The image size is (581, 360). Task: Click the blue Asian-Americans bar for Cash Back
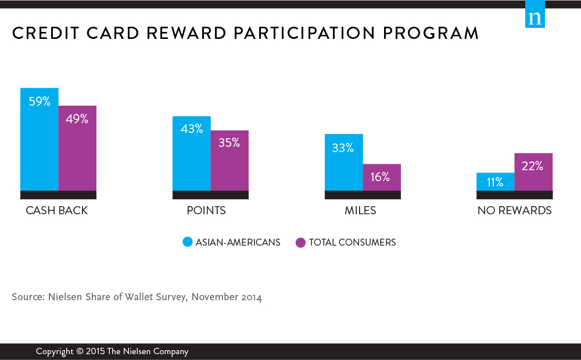click(40, 139)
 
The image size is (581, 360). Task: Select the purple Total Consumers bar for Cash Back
click(77, 148)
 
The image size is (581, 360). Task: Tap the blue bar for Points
click(192, 153)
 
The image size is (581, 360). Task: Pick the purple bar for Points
click(229, 160)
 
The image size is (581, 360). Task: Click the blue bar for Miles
click(344, 162)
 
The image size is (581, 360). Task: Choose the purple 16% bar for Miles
click(382, 178)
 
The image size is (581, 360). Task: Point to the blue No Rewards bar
click(496, 182)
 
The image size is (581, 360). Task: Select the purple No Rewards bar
click(533, 172)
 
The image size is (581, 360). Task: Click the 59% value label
click(40, 102)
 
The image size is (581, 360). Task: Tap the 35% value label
click(229, 143)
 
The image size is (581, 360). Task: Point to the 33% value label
click(343, 148)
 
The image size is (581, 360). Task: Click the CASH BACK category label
click(57, 210)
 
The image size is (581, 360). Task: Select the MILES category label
click(360, 210)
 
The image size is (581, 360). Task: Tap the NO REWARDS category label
click(514, 210)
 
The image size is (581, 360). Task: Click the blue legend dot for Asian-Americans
click(188, 242)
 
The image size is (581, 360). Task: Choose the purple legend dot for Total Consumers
click(300, 243)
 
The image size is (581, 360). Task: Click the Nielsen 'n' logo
click(535, 14)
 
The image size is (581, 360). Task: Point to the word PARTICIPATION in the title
click(304, 33)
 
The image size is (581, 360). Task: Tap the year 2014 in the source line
click(252, 297)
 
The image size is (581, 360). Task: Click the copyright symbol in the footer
click(80, 351)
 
